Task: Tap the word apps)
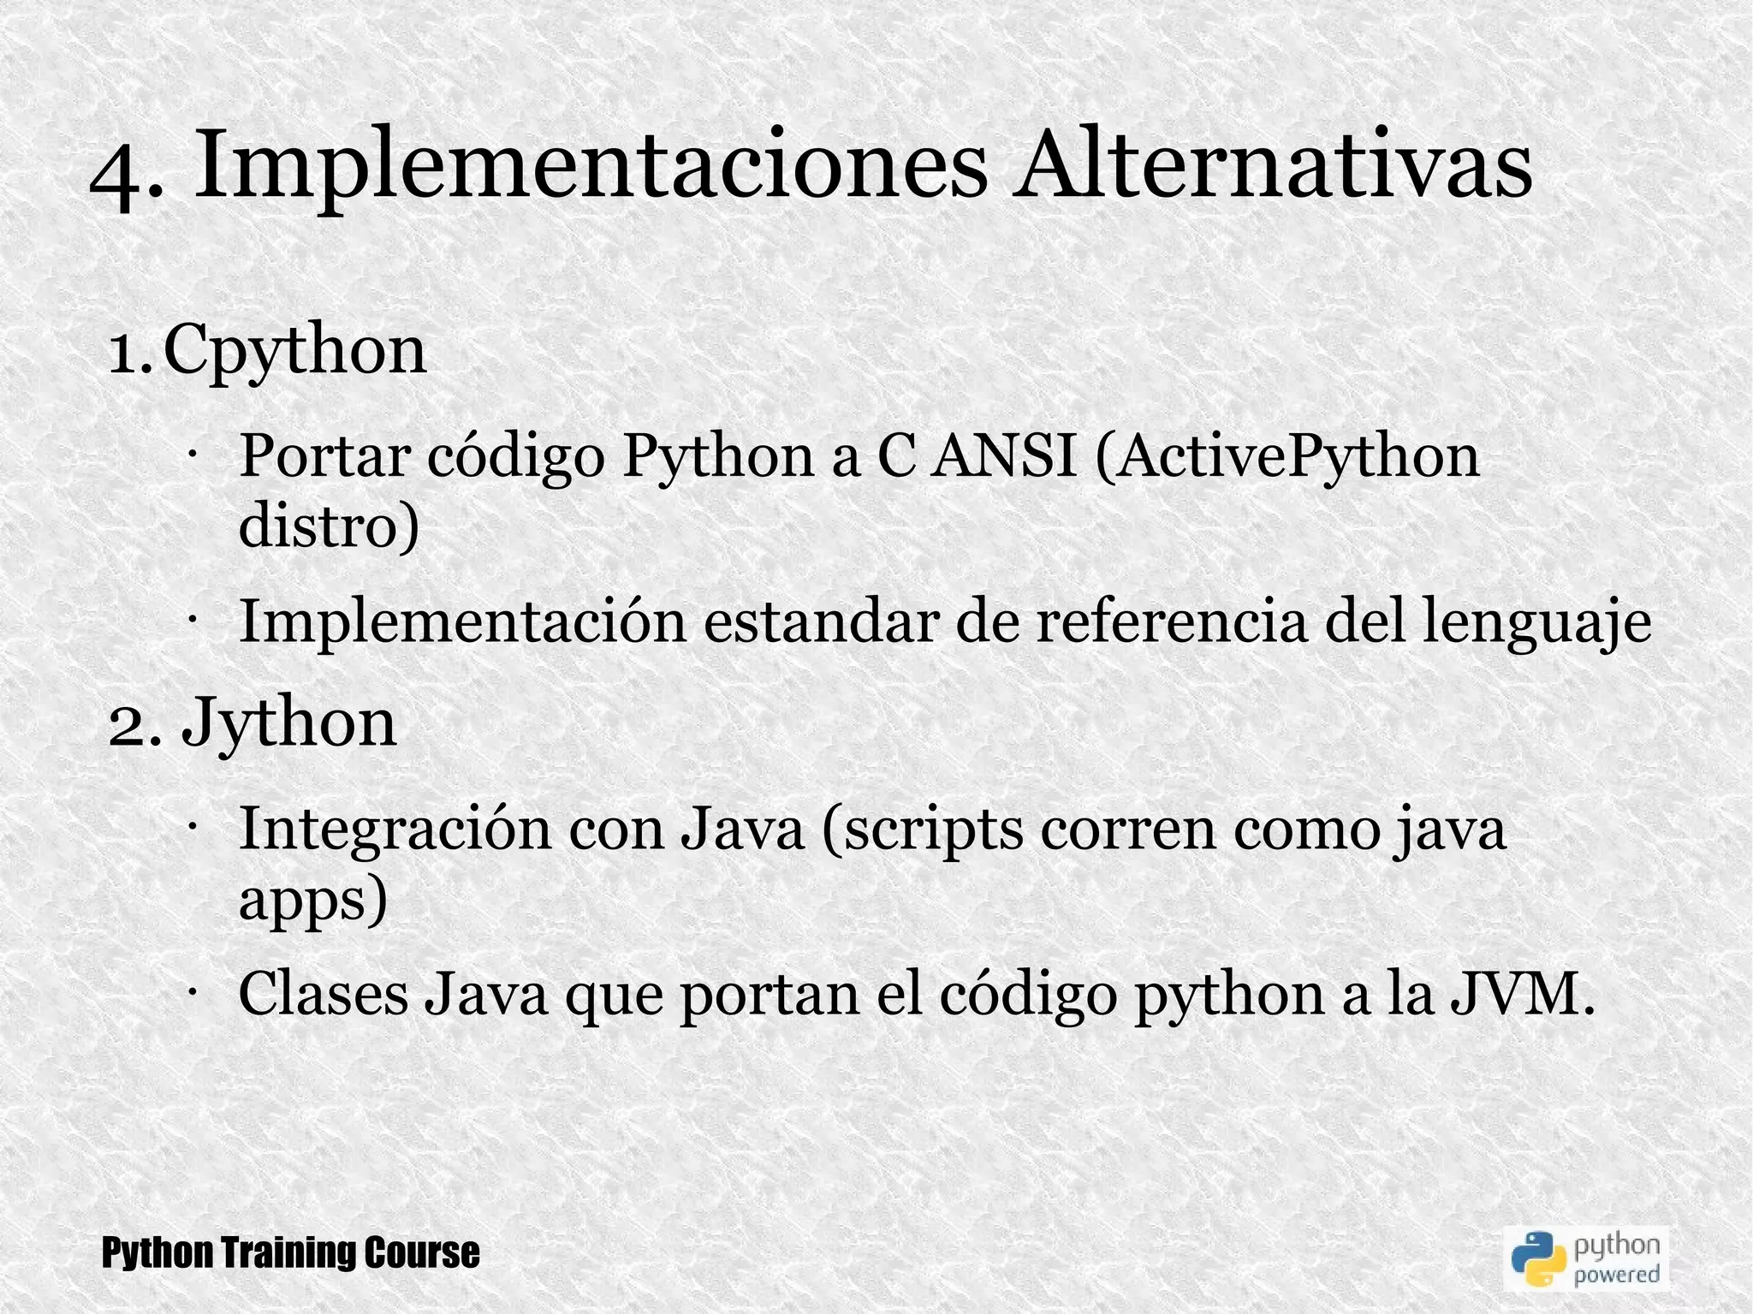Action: coord(313,901)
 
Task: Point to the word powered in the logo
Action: coord(1617,1273)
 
